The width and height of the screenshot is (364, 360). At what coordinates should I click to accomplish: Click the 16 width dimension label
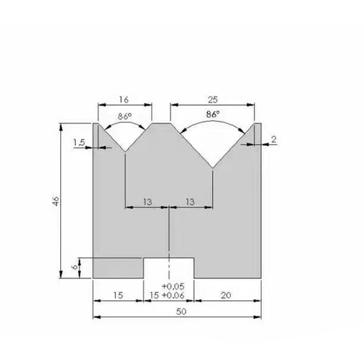pos(125,99)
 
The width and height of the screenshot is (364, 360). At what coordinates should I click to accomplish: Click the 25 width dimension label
pos(212,99)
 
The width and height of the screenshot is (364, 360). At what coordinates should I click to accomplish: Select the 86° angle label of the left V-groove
pos(125,116)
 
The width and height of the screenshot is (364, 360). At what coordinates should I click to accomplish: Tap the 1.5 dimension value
pos(79,142)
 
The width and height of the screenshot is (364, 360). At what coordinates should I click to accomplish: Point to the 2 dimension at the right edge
pos(274,140)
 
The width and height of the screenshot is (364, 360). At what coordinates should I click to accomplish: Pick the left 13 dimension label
pos(147,202)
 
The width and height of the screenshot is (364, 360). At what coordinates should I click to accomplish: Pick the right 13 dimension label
pos(190,202)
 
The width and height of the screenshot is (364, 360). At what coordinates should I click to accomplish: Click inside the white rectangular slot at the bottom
pos(169,268)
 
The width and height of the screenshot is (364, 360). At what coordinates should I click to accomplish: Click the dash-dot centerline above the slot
pos(169,234)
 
